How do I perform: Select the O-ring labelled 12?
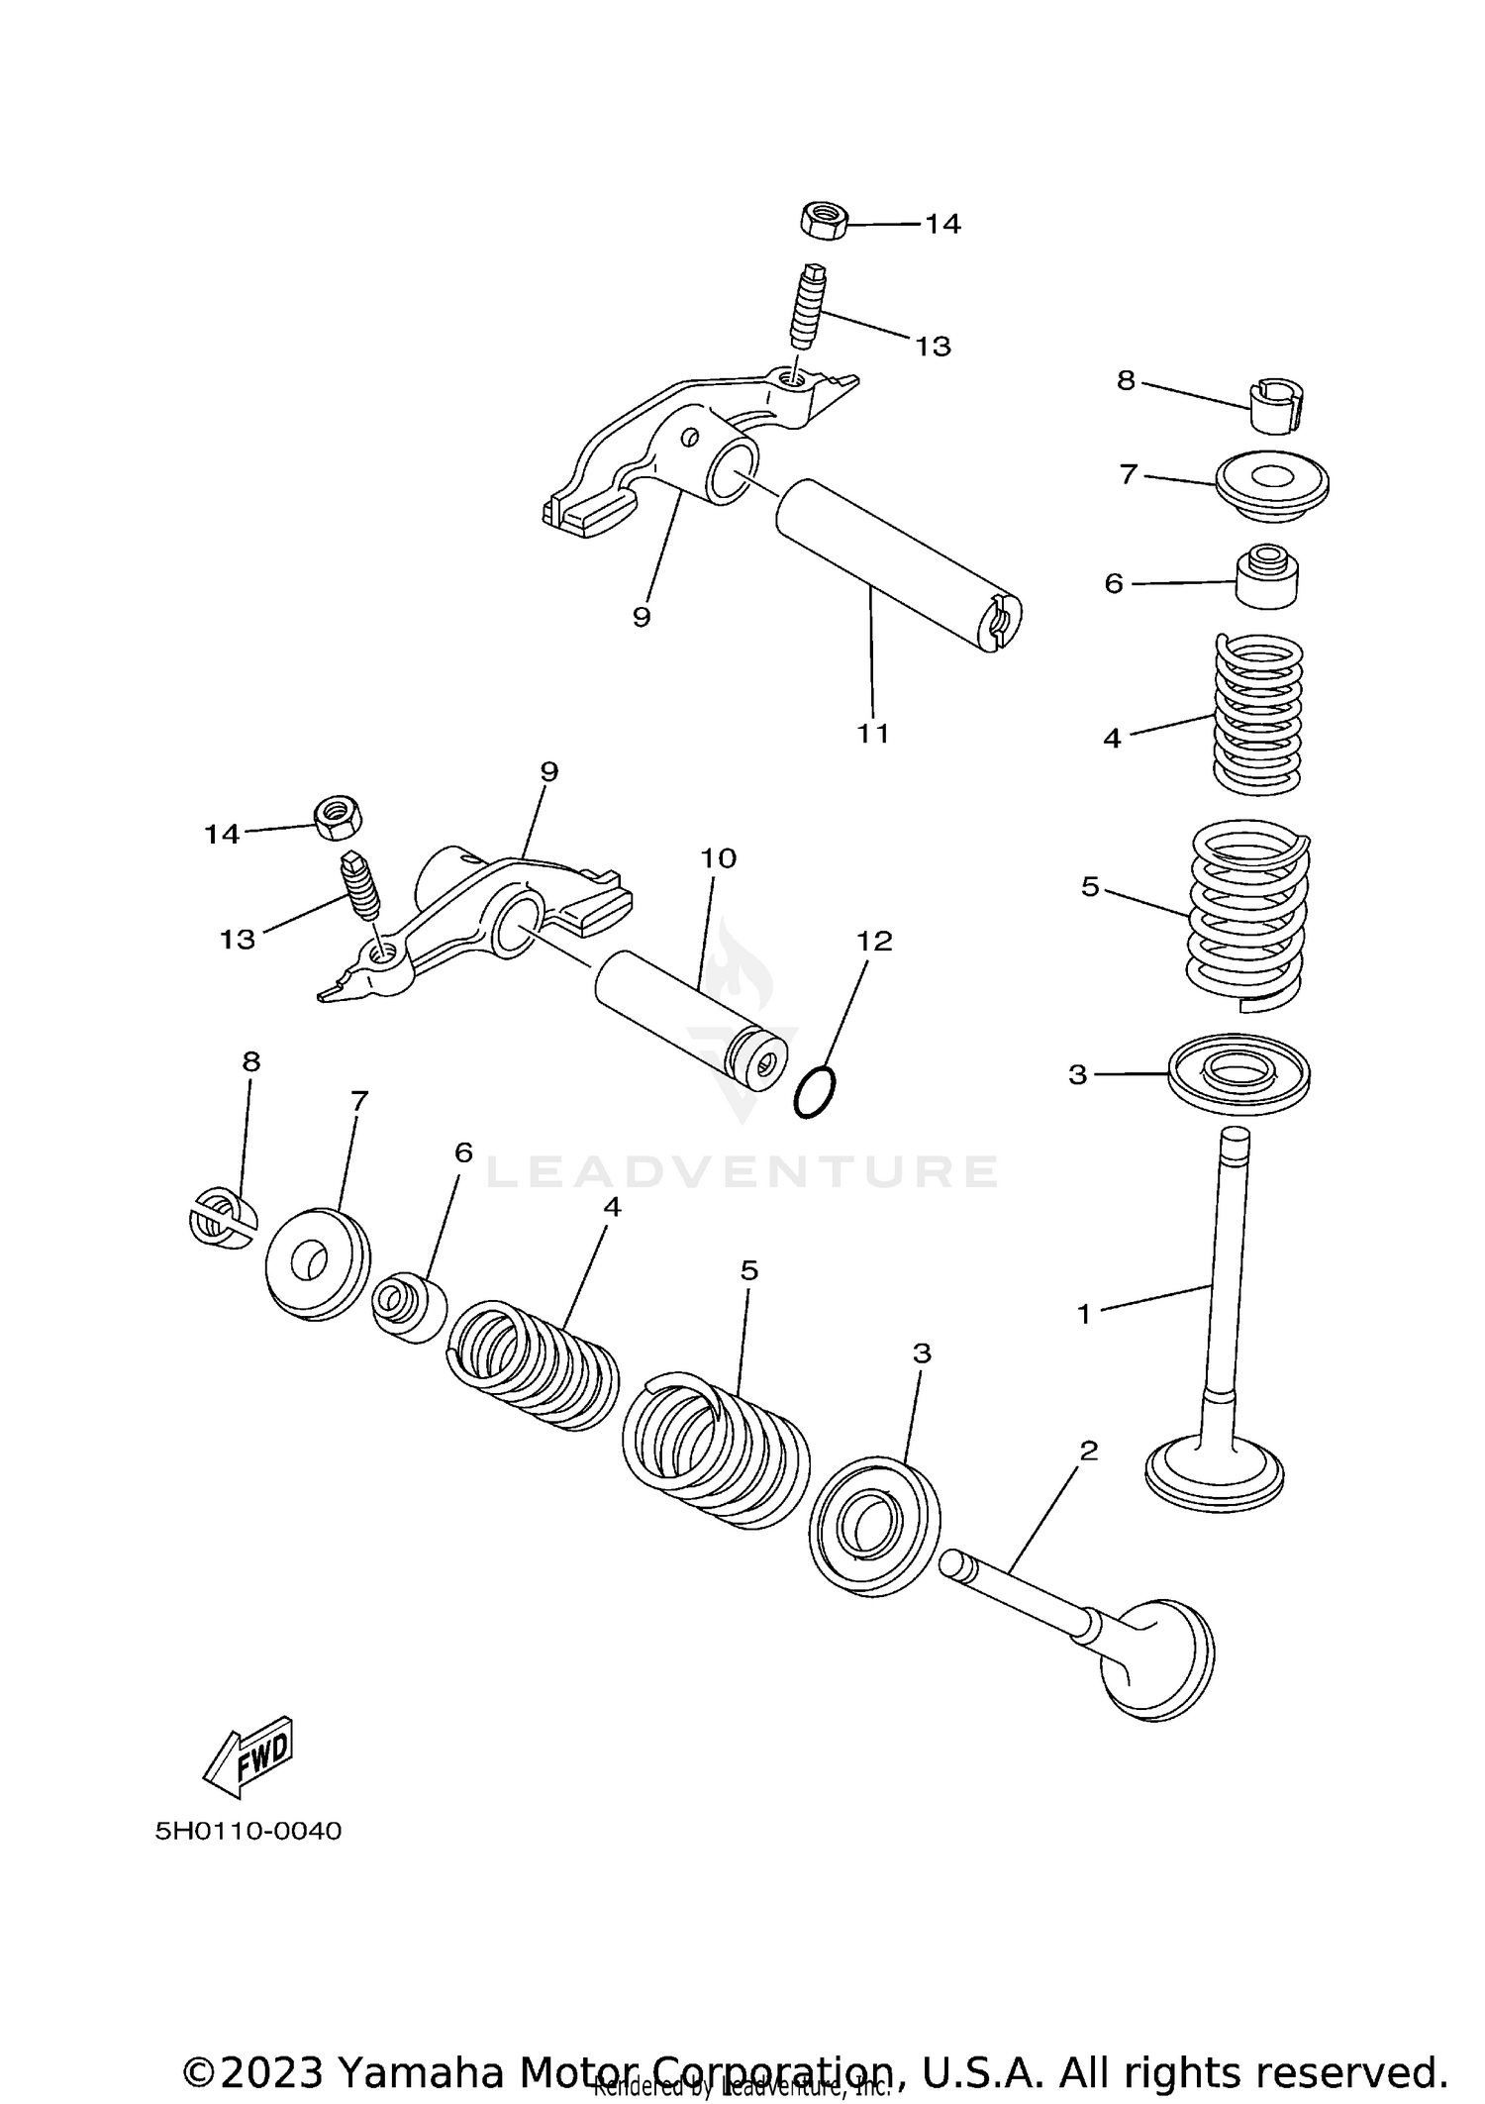(x=815, y=1092)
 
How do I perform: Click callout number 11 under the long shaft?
(x=873, y=734)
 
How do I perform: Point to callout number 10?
(x=719, y=858)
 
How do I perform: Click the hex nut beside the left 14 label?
(x=338, y=817)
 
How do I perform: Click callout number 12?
(x=874, y=941)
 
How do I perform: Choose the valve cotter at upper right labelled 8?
(x=1275, y=404)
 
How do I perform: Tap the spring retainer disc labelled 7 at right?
(x=1272, y=486)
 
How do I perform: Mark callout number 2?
(x=1089, y=1451)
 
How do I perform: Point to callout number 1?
(x=1084, y=1314)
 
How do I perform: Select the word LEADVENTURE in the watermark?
(x=742, y=1172)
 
